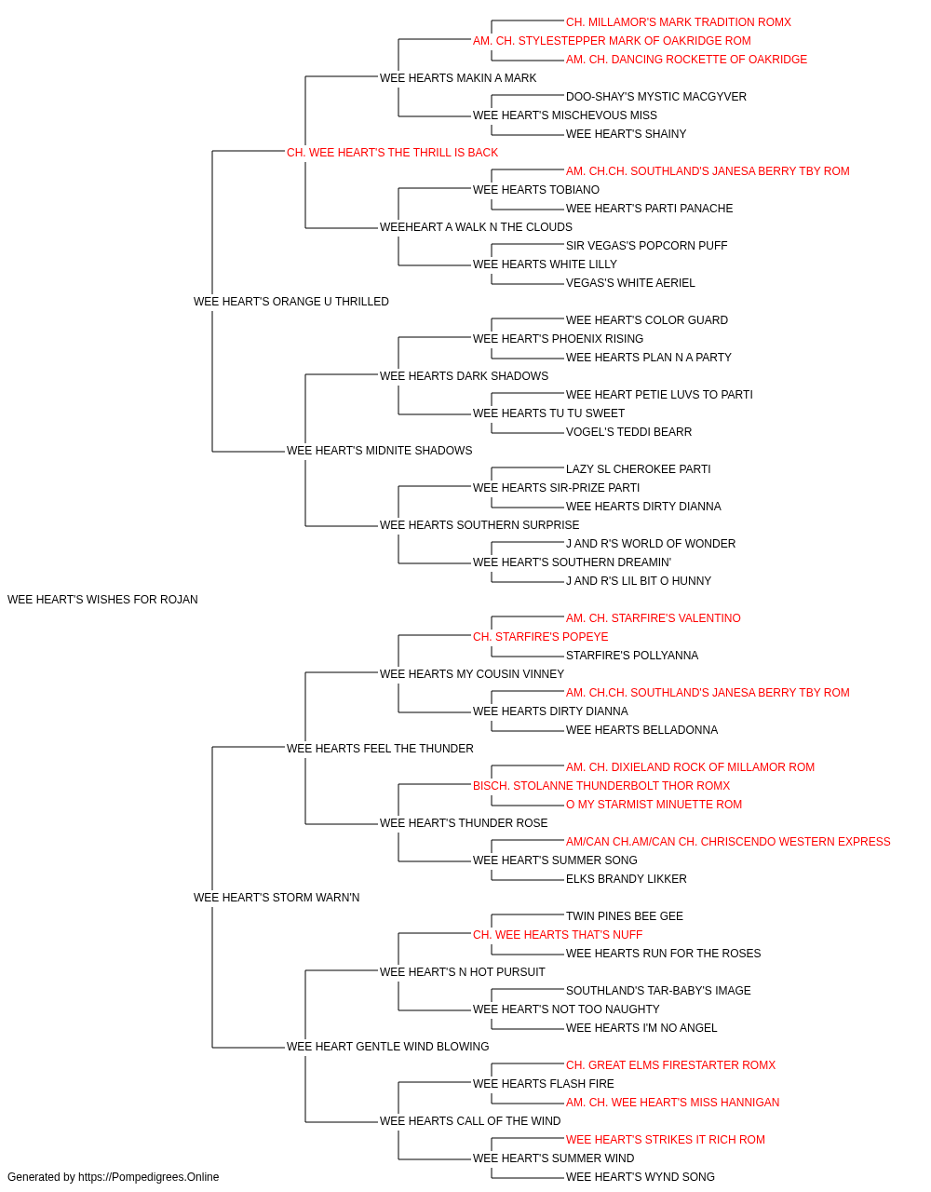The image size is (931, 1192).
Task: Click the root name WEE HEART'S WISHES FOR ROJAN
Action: (102, 600)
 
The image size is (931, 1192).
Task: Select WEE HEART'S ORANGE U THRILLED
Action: (291, 302)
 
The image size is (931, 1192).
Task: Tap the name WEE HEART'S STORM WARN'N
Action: (277, 898)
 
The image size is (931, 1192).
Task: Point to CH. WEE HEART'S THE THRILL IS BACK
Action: (392, 153)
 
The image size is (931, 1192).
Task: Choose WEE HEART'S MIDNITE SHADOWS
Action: (380, 451)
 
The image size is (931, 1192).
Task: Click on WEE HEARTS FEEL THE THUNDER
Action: (380, 749)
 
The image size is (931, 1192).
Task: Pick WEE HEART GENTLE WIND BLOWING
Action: (387, 1047)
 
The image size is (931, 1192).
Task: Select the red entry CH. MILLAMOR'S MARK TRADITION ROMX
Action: (679, 22)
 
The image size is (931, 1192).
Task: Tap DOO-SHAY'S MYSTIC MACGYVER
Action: (656, 97)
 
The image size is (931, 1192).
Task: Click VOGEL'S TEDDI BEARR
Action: (629, 432)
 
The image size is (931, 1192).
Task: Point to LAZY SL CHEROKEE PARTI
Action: (639, 469)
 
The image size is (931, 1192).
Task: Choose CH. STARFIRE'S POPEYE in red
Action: (541, 637)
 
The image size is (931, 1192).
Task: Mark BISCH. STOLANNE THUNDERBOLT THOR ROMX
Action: (601, 786)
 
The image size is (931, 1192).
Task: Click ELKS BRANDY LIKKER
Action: (627, 879)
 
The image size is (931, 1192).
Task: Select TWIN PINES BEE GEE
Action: (625, 916)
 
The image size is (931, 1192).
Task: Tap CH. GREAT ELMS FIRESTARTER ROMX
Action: (670, 1065)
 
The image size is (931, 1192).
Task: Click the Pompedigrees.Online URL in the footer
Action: (149, 1177)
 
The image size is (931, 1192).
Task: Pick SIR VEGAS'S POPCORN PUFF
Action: (646, 246)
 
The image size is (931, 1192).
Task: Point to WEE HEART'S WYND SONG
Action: (641, 1177)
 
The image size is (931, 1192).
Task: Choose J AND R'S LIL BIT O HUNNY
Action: (639, 581)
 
